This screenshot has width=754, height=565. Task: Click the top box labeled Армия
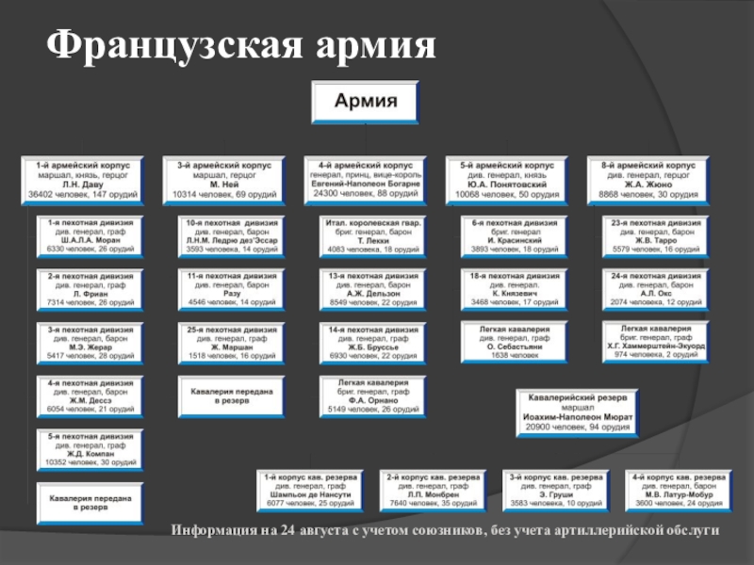[367, 103]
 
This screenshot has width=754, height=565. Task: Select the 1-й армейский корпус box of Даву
[84, 179]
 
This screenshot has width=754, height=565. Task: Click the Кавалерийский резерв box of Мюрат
[576, 412]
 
